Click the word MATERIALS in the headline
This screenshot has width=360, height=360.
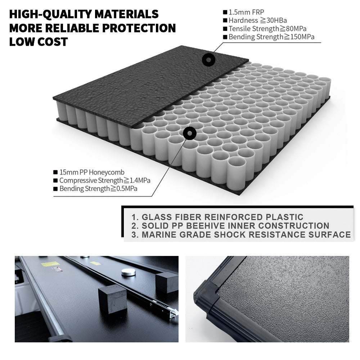126,14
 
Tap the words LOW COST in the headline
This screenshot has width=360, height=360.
39,42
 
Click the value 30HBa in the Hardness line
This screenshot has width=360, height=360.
276,21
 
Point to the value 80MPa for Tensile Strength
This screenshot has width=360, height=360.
296,29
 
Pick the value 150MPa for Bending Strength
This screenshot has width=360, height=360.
302,37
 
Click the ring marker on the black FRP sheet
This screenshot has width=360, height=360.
208,60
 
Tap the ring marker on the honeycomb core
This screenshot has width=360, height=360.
190,133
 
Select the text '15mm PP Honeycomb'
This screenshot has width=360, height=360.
92,172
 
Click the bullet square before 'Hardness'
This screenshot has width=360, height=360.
225,21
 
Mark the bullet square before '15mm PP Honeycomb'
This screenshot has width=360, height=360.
55,172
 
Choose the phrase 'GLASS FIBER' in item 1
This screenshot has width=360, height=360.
172,217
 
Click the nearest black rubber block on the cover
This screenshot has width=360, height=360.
112,299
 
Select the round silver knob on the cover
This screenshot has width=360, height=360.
129,272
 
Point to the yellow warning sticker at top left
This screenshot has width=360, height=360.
50,264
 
